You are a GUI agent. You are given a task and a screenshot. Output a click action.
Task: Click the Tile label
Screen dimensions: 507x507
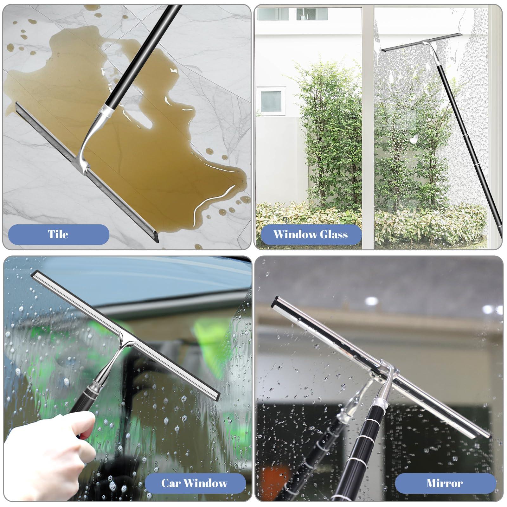tap(59, 234)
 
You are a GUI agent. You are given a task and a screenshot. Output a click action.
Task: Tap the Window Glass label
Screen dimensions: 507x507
tap(310, 234)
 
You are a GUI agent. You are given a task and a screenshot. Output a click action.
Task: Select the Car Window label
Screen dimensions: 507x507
tap(195, 483)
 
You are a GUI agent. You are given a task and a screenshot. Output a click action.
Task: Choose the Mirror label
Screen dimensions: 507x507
tap(445, 483)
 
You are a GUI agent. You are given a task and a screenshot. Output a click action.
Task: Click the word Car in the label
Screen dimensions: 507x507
tap(171, 483)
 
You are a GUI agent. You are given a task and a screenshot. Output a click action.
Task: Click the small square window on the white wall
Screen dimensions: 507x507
tap(271, 101)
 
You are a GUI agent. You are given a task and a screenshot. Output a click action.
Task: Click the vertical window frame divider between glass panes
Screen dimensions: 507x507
tap(368, 127)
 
